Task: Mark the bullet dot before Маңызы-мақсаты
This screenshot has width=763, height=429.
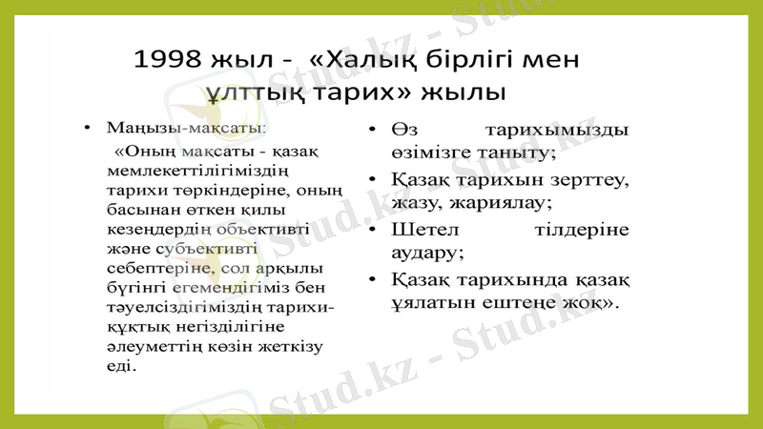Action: click(87, 128)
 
